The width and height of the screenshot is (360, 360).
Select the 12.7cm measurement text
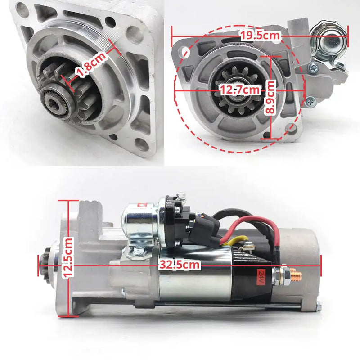coord(240,90)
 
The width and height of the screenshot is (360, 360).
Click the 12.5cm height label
coord(68,257)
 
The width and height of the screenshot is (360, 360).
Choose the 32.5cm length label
coord(180,265)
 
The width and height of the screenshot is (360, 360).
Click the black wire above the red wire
coord(234,212)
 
